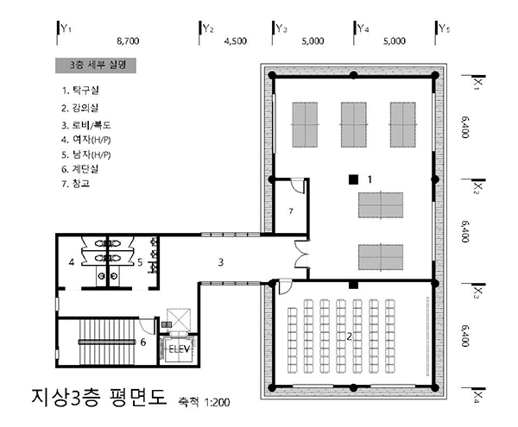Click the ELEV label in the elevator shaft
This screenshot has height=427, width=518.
(x=180, y=349)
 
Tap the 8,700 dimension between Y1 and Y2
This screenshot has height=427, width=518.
(x=128, y=41)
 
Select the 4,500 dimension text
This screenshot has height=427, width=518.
(x=235, y=41)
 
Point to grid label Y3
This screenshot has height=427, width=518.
(x=281, y=28)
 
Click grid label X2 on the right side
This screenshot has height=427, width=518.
(x=477, y=188)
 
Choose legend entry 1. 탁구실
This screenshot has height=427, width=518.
(x=80, y=90)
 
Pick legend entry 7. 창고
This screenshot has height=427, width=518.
(x=76, y=183)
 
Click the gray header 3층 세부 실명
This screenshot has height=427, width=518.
(x=96, y=66)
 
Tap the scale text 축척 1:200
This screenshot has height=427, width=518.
(x=204, y=402)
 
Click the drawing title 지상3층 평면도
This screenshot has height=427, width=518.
(x=99, y=396)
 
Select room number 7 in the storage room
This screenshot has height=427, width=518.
(x=291, y=211)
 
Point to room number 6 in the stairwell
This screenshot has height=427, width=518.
(x=143, y=342)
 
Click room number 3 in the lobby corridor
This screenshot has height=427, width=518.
(x=221, y=262)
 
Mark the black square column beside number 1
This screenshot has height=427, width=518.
(x=353, y=179)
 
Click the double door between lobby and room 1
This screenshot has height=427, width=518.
(x=301, y=254)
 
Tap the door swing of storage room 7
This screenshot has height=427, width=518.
(x=298, y=185)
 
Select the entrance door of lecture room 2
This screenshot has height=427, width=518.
(x=284, y=286)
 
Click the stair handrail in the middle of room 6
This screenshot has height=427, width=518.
(x=107, y=342)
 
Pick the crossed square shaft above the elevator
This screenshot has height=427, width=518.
(x=179, y=319)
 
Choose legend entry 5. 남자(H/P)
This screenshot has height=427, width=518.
(x=85, y=154)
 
